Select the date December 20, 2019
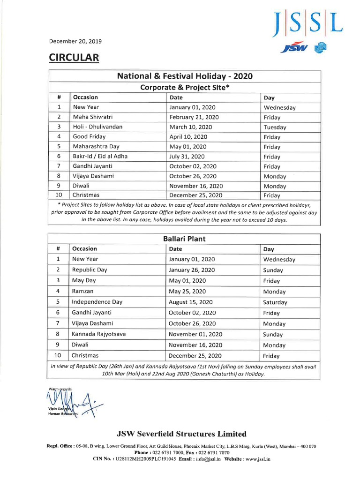point(75,41)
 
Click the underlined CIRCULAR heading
point(74,58)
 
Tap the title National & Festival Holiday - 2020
point(185,76)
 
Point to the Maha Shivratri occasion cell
point(92,117)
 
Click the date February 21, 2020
point(194,117)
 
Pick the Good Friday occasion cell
point(89,137)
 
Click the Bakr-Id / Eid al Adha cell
point(100,157)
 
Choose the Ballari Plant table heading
point(185,239)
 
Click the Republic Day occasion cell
point(90,270)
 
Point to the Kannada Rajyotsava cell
point(98,334)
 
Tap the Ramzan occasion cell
point(82,291)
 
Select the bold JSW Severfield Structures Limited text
point(182,434)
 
